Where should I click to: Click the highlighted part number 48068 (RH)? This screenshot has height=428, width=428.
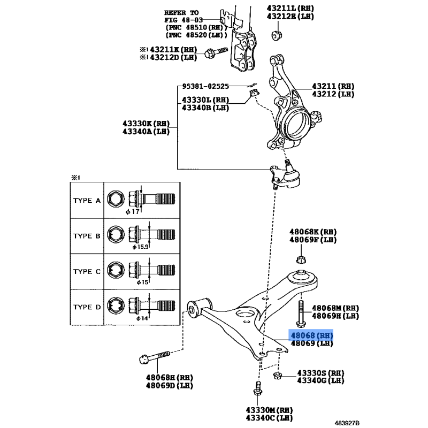[311, 335]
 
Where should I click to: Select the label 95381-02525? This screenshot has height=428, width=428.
[205, 86]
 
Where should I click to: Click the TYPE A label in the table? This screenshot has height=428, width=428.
[87, 201]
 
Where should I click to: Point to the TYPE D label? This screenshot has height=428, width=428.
[87, 307]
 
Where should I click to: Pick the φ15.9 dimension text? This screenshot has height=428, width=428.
[141, 247]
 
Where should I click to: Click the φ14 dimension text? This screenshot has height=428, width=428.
[142, 318]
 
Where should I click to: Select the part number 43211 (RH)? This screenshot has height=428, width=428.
[333, 86]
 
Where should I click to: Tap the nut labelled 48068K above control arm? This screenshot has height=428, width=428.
[301, 261]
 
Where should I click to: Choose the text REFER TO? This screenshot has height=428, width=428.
[181, 12]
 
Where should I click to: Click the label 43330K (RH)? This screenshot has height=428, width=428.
[146, 124]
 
